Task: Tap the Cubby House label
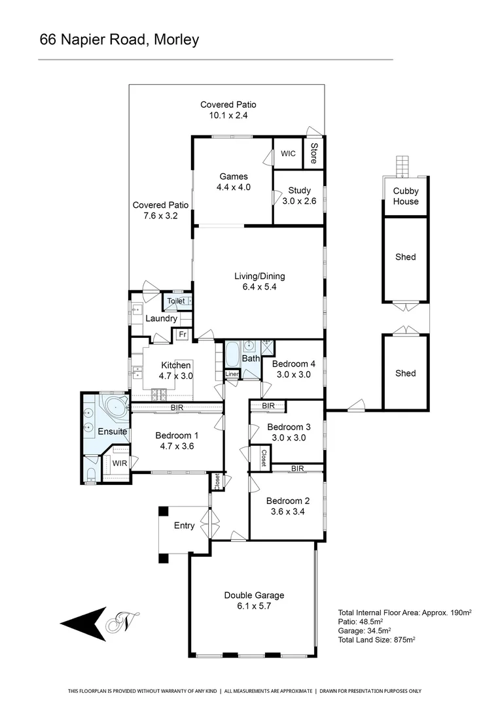pyautogui.click(x=406, y=196)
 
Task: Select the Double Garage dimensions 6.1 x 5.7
pyautogui.click(x=254, y=606)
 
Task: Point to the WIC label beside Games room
pyautogui.click(x=288, y=154)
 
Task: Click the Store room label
pyautogui.click(x=313, y=153)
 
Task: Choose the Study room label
pyautogui.click(x=299, y=191)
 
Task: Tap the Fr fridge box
pyautogui.click(x=181, y=335)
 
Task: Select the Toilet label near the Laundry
pyautogui.click(x=176, y=301)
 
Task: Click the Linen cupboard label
pyautogui.click(x=232, y=375)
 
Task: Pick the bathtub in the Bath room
pyautogui.click(x=233, y=356)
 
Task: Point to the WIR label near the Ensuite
pyautogui.click(x=119, y=463)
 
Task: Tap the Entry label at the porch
pyautogui.click(x=184, y=526)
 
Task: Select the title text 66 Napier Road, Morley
pyautogui.click(x=119, y=39)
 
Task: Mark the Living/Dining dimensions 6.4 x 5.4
pyautogui.click(x=260, y=286)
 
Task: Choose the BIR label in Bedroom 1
pyautogui.click(x=177, y=407)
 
